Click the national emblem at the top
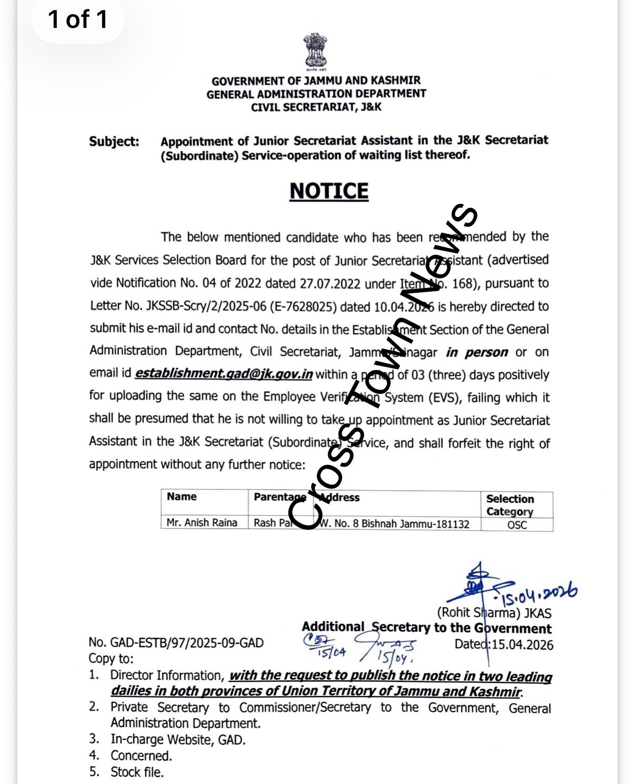(x=315, y=52)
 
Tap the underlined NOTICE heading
(x=329, y=191)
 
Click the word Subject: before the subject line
(x=114, y=142)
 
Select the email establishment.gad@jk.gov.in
(x=224, y=374)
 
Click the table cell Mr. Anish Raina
(x=202, y=523)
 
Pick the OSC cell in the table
(x=517, y=524)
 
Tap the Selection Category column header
(x=510, y=505)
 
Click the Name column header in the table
(x=182, y=497)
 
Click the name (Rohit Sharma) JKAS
(x=494, y=613)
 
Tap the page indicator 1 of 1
(x=78, y=19)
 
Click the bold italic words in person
(x=477, y=352)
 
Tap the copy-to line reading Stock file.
(x=137, y=772)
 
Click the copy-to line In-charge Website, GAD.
(x=178, y=739)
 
